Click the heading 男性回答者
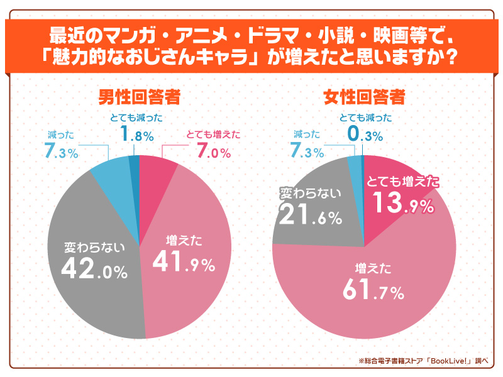[139, 97]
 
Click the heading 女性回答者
[363, 97]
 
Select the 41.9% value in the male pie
[182, 262]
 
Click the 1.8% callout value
[135, 134]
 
